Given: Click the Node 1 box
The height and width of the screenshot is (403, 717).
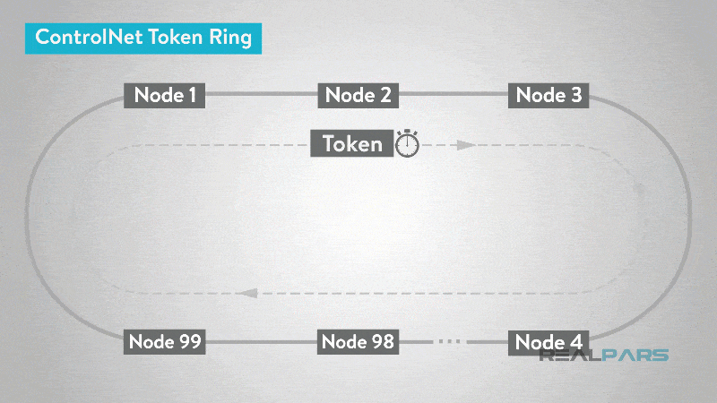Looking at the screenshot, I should pyautogui.click(x=166, y=95).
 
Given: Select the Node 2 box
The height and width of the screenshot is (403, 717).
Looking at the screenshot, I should pyautogui.click(x=358, y=95).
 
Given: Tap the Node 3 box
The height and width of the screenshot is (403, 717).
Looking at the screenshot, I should pyautogui.click(x=549, y=95).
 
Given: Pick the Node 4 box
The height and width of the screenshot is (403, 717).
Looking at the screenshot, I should pyautogui.click(x=549, y=341).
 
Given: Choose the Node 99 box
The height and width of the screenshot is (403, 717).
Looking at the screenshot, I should pyautogui.click(x=166, y=341).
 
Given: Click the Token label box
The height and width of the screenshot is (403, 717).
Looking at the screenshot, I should pyautogui.click(x=352, y=143).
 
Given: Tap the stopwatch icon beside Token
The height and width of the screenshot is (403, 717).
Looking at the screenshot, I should pyautogui.click(x=408, y=143).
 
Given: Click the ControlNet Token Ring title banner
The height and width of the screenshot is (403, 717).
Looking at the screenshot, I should pyautogui.click(x=143, y=39).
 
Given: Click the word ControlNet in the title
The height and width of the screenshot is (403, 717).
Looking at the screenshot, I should pyautogui.click(x=81, y=39).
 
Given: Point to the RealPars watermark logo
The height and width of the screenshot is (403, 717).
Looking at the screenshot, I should pyautogui.click(x=604, y=355).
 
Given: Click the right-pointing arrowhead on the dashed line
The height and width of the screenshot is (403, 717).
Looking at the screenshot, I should pyautogui.click(x=463, y=144).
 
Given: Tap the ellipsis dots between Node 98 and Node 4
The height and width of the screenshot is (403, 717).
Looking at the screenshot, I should pyautogui.click(x=452, y=341).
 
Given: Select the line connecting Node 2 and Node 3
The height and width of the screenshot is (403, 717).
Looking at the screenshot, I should pyautogui.click(x=454, y=93).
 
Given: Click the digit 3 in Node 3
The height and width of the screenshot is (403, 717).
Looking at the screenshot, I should pyautogui.click(x=575, y=95).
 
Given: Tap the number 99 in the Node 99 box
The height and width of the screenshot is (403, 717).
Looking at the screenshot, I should pyautogui.click(x=187, y=341).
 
